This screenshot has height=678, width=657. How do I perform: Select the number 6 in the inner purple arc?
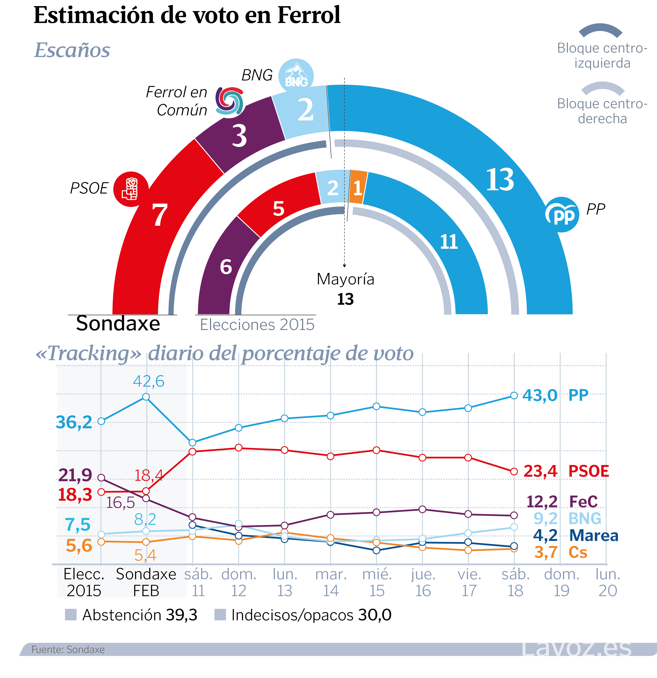tap(226, 267)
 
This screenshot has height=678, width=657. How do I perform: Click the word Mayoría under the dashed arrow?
tap(345, 279)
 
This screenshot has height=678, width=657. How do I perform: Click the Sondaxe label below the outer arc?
tap(118, 323)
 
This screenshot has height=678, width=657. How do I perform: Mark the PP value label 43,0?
tap(540, 395)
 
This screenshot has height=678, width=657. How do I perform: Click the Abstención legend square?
tap(71, 615)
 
